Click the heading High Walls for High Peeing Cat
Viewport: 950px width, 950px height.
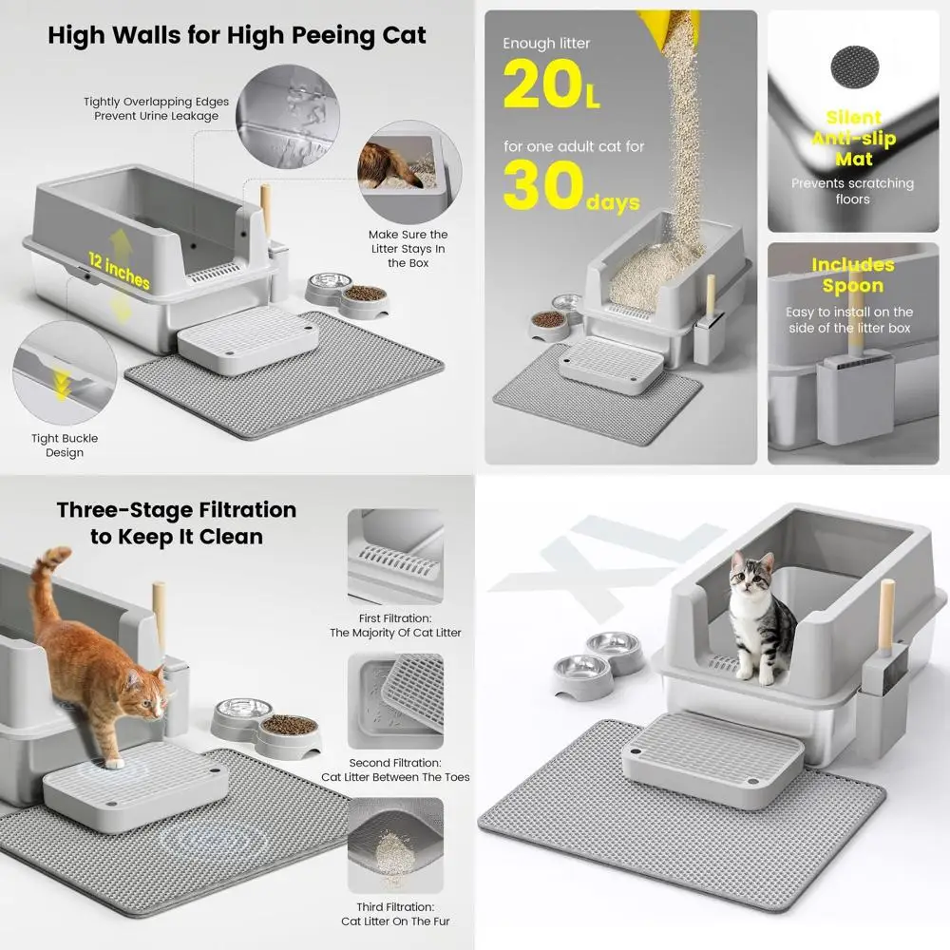click(x=237, y=35)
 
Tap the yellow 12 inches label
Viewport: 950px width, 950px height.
click(x=120, y=270)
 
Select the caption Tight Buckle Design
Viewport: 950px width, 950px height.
click(x=65, y=446)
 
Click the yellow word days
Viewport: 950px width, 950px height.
click(x=613, y=202)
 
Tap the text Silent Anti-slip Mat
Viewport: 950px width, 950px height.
click(x=854, y=138)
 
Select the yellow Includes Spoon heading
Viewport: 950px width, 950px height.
click(x=853, y=275)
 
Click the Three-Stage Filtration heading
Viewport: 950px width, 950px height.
click(x=177, y=522)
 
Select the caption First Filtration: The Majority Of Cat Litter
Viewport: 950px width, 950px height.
click(x=395, y=625)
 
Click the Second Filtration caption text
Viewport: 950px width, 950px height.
click(x=395, y=770)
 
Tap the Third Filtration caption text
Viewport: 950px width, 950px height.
click(x=395, y=914)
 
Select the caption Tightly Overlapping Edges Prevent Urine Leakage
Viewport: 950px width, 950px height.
click(x=157, y=108)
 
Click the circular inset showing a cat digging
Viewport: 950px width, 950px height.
click(x=409, y=171)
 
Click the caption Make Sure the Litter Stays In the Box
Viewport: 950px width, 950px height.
click(x=408, y=248)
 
